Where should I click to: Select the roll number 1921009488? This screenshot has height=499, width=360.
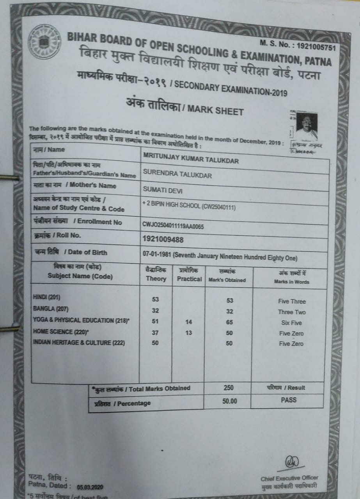[x=163, y=239]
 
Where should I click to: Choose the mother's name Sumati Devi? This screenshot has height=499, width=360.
[x=163, y=190]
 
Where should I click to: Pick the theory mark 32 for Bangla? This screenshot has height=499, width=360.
[x=156, y=311]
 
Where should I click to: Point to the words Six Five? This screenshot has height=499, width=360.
[x=291, y=323]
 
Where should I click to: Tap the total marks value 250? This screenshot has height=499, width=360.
[x=229, y=388]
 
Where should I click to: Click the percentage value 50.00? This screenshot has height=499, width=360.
[x=229, y=400]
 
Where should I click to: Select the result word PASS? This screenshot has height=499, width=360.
[x=289, y=400]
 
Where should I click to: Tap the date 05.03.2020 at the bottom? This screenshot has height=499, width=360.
[x=90, y=487]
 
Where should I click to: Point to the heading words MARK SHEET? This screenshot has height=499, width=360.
[x=215, y=110]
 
